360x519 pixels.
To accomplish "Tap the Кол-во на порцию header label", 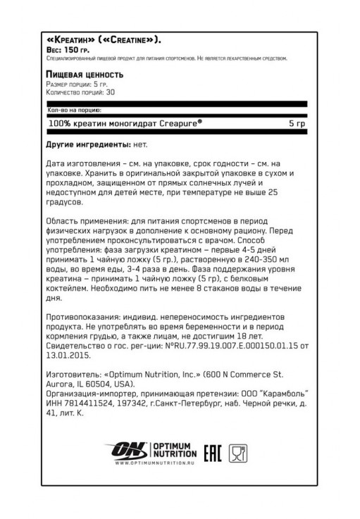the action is click(x=74, y=111).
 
